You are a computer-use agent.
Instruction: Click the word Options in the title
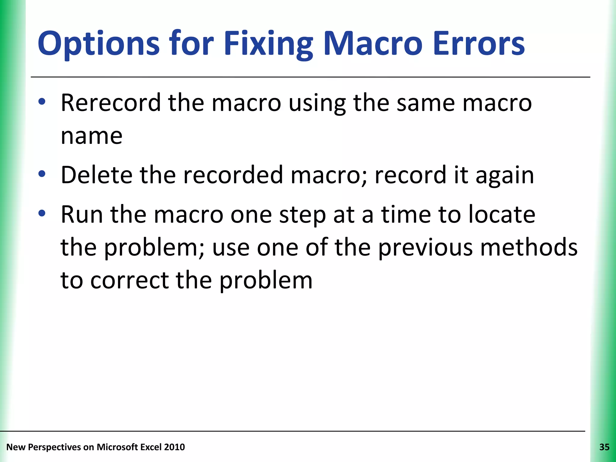[x=98, y=44]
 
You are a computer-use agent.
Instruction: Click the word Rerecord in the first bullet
[x=111, y=103]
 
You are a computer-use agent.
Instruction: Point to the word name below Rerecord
[x=91, y=136]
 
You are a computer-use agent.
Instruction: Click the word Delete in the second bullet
[x=97, y=175]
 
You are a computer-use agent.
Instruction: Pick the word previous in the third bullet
[x=425, y=247]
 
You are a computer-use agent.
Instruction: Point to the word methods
[x=528, y=247]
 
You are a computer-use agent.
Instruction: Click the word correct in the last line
[x=129, y=280]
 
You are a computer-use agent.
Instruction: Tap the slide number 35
[x=604, y=447]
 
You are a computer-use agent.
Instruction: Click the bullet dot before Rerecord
[x=42, y=102]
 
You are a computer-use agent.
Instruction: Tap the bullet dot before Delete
[x=42, y=174]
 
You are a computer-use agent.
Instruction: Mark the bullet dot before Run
[x=42, y=214]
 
